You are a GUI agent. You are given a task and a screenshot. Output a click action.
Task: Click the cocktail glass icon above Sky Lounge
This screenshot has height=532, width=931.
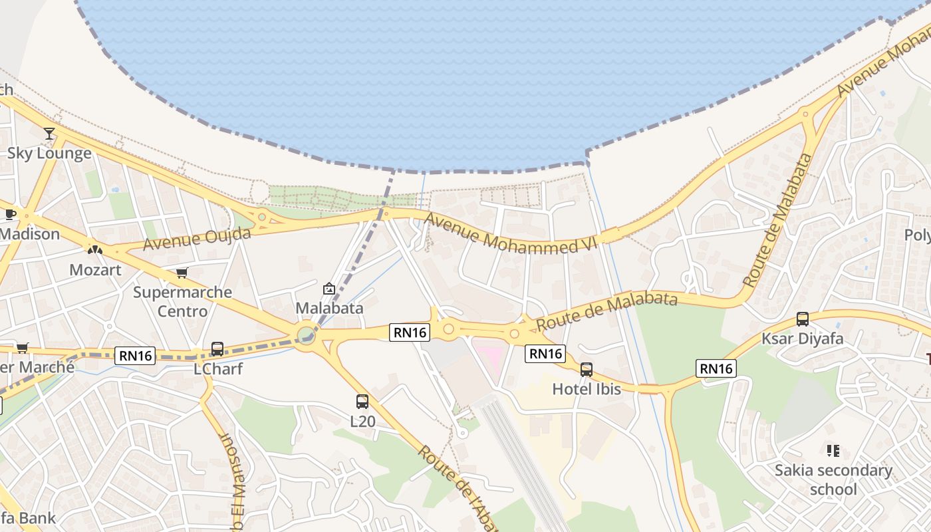[49, 134]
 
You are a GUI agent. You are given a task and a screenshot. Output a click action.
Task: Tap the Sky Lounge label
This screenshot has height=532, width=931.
[49, 154]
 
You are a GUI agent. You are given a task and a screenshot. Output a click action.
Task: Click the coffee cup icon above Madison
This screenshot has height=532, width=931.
[10, 214]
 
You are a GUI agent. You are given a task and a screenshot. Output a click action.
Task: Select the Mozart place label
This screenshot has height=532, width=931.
[96, 270]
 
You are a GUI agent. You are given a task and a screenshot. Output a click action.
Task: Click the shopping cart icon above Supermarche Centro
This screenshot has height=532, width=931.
[182, 273]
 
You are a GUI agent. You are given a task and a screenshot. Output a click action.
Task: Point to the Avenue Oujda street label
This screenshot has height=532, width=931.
[198, 238]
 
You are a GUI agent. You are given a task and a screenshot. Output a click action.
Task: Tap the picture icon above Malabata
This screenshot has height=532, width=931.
[329, 289]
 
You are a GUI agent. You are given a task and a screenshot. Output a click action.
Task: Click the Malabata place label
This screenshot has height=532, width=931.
[329, 308]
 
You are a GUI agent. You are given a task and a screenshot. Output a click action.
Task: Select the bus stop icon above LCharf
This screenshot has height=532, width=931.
[217, 348]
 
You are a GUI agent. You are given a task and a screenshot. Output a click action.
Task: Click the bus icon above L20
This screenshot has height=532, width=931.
[362, 402]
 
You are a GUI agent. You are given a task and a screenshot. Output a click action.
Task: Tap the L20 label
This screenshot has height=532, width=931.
[362, 421]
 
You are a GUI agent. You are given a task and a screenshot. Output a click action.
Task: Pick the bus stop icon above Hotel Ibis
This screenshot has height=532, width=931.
[587, 370]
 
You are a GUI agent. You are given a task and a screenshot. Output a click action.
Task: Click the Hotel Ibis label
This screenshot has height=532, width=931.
[587, 389]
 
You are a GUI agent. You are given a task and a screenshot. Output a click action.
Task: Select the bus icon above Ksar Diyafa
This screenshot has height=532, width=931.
[803, 319]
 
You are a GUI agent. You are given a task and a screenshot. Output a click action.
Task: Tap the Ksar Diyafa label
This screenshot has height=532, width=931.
[803, 338]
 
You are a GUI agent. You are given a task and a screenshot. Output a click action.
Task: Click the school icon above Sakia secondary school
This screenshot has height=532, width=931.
[833, 451]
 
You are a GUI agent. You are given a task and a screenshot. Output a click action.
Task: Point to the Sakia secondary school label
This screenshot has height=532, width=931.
[833, 479]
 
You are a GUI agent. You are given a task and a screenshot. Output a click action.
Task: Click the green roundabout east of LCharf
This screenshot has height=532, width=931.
[305, 334]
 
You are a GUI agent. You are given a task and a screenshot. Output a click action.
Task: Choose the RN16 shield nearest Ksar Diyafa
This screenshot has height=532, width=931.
[716, 368]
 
